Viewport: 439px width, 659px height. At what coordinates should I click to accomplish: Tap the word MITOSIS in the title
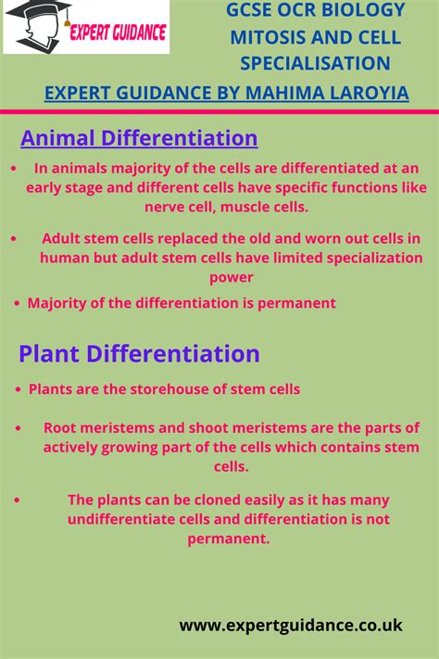point(266,37)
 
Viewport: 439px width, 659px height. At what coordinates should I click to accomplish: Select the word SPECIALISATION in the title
point(315,63)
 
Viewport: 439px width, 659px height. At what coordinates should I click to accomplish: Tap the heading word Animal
point(58,139)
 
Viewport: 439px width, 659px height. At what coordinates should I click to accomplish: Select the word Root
point(60,427)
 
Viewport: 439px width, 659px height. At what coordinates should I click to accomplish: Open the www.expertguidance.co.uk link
point(291,626)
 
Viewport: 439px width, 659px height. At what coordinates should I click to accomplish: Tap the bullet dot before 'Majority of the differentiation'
point(19,303)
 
